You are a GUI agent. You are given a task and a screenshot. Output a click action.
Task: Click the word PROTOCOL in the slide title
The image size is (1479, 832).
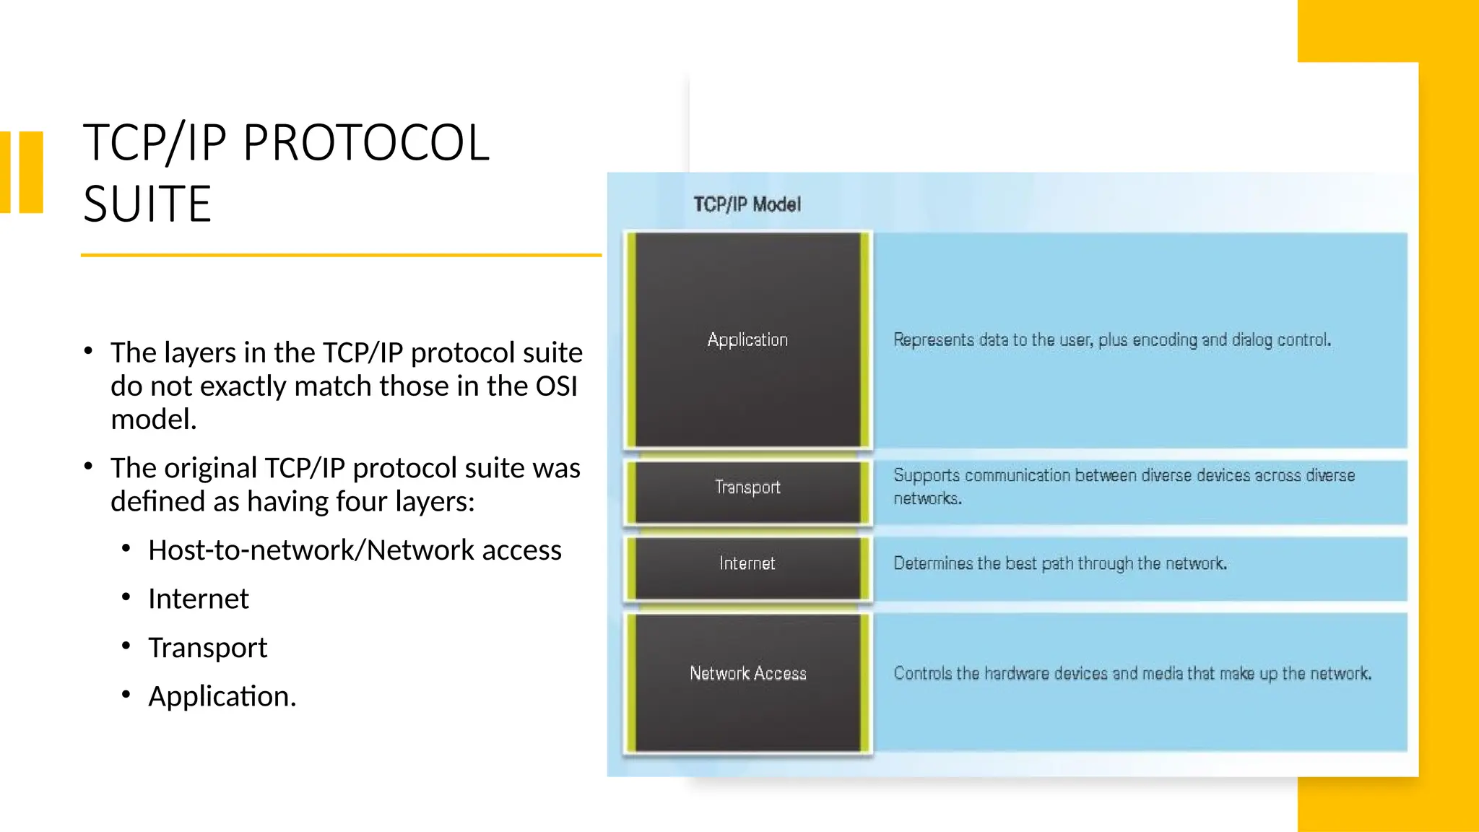coord(366,143)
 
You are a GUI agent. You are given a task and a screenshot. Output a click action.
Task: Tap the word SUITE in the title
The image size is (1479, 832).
coord(147,204)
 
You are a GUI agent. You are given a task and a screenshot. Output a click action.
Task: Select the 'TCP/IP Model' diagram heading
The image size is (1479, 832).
coord(747,204)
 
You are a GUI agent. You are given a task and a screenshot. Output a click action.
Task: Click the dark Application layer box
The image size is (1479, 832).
coord(747,339)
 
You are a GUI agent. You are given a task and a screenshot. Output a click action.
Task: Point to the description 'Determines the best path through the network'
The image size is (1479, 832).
coord(1060,563)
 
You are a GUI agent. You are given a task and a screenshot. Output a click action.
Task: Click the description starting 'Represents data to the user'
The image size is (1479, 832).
coord(1112,339)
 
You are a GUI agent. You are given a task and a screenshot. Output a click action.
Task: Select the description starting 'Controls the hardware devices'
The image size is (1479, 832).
coord(1132,673)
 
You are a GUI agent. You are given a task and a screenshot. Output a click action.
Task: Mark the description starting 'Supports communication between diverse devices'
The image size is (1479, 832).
coord(1124,486)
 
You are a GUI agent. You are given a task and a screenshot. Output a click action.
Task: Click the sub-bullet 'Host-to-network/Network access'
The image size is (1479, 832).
coord(355,550)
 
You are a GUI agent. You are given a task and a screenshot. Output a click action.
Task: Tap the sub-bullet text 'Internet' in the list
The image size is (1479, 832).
coord(199,599)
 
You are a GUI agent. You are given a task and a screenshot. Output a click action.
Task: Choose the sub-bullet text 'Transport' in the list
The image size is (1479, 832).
coord(208,648)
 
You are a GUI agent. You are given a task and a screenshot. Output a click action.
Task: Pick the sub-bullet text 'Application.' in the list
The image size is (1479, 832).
coord(222,696)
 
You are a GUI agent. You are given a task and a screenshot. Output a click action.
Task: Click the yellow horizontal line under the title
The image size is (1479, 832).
coord(341,255)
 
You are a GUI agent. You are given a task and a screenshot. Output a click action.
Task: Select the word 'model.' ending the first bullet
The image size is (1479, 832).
coord(154,419)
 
